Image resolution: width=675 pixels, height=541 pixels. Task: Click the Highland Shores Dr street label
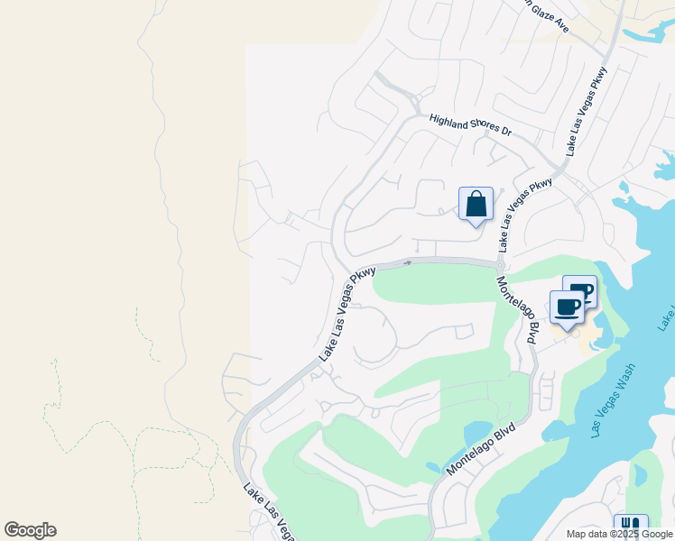(470, 125)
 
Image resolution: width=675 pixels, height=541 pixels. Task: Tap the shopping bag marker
(476, 205)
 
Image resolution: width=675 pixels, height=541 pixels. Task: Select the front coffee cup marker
(567, 308)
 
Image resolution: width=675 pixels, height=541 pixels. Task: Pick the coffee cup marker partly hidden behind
(582, 290)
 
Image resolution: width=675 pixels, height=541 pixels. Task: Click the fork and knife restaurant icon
(630, 526)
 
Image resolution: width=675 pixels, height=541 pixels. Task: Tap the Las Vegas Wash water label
(615, 400)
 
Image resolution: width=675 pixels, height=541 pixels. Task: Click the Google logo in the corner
(30, 530)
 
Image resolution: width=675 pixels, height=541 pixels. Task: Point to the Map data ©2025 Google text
(620, 534)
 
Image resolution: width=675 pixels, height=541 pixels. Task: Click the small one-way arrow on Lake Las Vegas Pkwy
(407, 263)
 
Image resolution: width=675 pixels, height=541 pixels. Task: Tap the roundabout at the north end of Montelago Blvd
(500, 264)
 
